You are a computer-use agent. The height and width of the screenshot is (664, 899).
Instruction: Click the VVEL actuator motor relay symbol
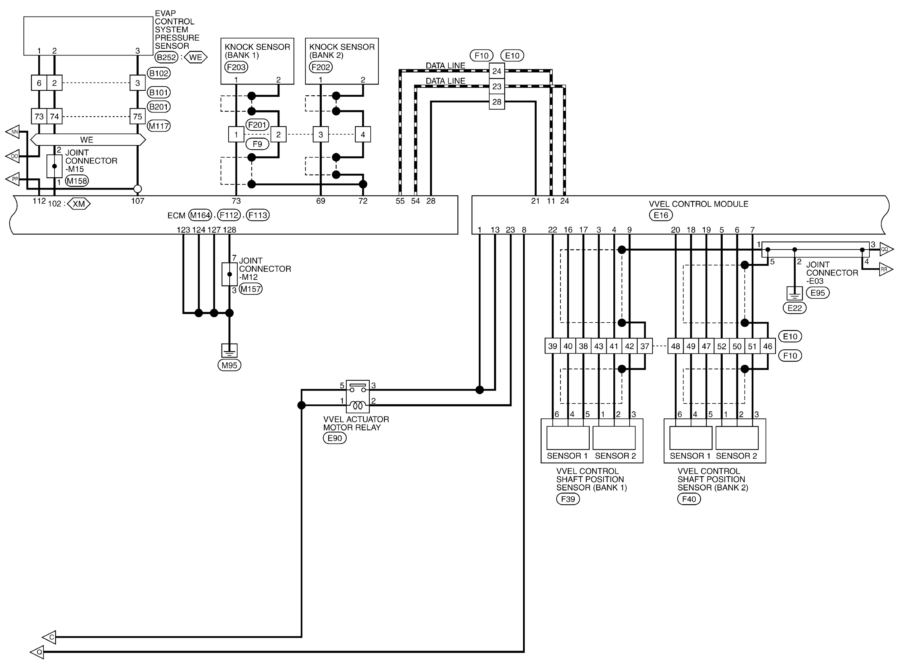[357, 397]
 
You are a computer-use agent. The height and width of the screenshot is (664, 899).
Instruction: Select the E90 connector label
[335, 438]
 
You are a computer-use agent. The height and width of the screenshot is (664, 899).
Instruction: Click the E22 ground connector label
[794, 308]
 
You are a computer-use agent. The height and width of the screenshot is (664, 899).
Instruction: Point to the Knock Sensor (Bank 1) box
[257, 61]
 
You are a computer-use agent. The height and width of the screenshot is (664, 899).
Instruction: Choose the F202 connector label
[321, 67]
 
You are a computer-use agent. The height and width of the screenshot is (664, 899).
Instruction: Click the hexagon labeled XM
[79, 204]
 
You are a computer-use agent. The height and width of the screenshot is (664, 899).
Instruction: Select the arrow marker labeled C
[50, 637]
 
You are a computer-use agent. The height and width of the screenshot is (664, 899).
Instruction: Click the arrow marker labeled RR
[885, 269]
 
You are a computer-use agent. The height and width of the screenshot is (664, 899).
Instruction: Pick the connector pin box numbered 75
[137, 117]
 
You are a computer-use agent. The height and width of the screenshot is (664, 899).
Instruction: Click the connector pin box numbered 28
[497, 102]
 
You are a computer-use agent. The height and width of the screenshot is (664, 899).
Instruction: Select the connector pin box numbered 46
[767, 346]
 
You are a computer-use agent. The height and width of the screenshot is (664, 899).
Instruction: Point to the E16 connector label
[660, 215]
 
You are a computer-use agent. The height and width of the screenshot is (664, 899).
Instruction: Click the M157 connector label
[250, 289]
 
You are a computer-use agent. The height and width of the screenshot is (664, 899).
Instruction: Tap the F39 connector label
[568, 499]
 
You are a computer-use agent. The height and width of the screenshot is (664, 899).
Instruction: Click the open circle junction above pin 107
[137, 189]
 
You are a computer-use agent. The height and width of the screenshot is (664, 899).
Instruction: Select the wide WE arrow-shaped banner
[88, 140]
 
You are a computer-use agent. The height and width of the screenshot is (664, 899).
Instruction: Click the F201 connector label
[257, 125]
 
